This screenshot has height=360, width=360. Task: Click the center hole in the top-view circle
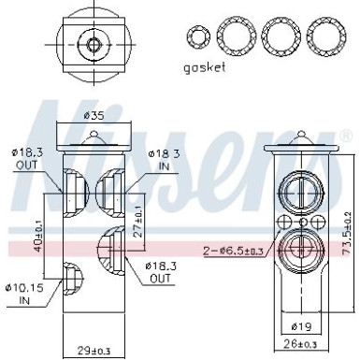(93, 42)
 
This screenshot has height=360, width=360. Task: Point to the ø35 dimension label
(93, 116)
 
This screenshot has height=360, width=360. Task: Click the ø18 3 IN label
(165, 158)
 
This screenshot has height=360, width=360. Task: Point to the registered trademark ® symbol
(345, 137)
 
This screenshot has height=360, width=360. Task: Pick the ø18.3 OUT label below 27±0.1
(161, 272)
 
